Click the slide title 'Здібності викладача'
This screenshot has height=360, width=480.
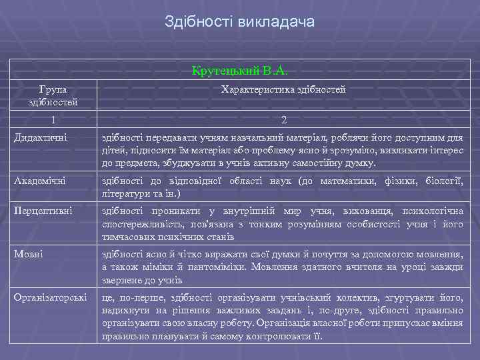pyautogui.click(x=240, y=22)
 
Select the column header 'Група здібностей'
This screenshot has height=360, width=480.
pyautogui.click(x=53, y=95)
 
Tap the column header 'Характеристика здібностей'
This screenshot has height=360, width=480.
pyautogui.click(x=283, y=89)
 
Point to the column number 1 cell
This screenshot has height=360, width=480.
pyautogui.click(x=53, y=120)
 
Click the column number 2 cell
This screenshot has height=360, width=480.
pyautogui.click(x=284, y=120)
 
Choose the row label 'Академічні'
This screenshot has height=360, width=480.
pyautogui.click(x=38, y=182)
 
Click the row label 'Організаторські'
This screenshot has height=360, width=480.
pyautogui.click(x=50, y=297)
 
